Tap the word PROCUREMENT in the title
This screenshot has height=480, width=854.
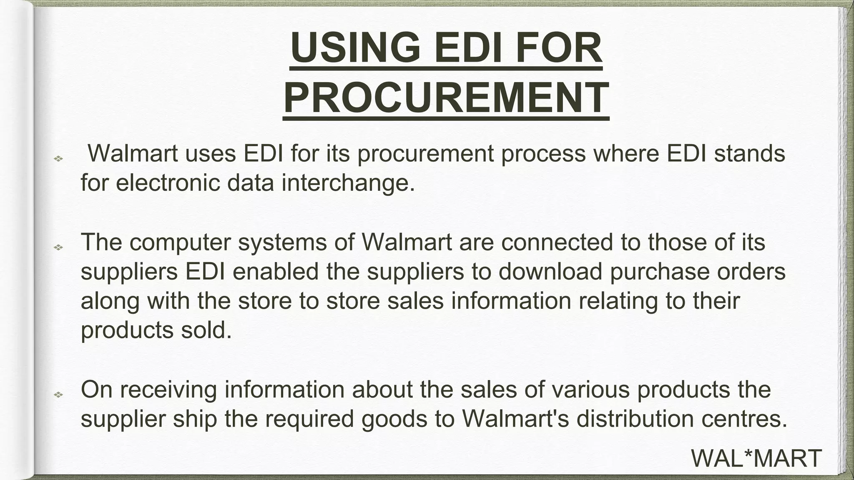[x=446, y=97]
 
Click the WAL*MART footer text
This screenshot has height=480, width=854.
[x=756, y=458]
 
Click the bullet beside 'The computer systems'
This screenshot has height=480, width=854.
[x=58, y=247]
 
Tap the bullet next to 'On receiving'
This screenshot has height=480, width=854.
[x=58, y=394]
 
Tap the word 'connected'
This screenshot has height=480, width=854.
[x=557, y=242]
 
